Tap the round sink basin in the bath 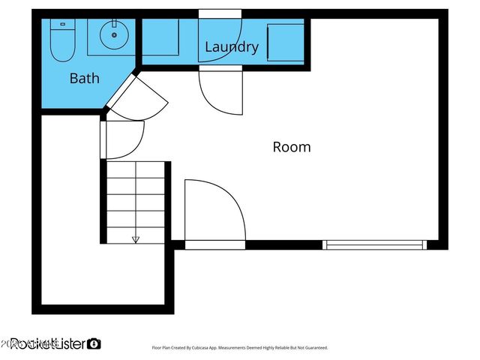[x=114, y=34]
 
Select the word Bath [x=84, y=77]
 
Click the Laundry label [x=231, y=47]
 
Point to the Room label [x=291, y=147]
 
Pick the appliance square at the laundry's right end [x=286, y=41]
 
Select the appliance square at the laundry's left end [x=160, y=37]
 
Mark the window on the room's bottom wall [x=374, y=244]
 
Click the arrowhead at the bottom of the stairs [x=136, y=239]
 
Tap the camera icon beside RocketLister [x=94, y=343]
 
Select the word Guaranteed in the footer [x=312, y=348]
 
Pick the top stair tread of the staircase [x=136, y=169]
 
